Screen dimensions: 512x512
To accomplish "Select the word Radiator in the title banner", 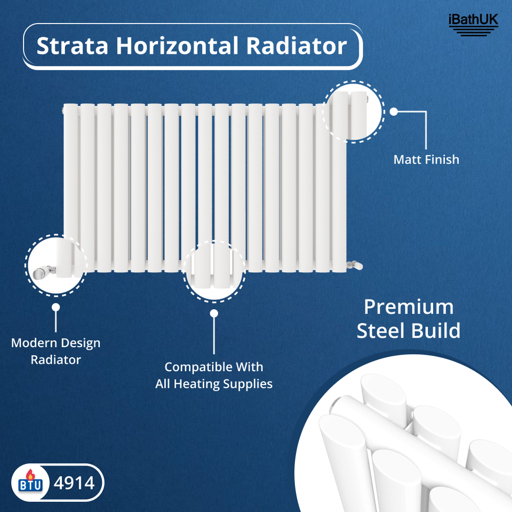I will click(x=297, y=46).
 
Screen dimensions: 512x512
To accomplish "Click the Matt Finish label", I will click(x=426, y=159).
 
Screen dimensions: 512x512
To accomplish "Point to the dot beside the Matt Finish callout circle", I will click(x=394, y=112).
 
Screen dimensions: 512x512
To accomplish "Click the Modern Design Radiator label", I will click(x=55, y=351).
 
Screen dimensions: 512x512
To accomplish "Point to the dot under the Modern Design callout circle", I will click(x=56, y=307).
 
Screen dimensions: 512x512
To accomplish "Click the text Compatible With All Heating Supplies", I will click(x=214, y=375).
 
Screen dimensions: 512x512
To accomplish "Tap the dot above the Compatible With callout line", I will click(x=214, y=314).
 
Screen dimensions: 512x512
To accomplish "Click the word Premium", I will click(x=409, y=307).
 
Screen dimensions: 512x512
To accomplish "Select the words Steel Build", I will click(x=409, y=331).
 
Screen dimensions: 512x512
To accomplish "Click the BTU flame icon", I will click(x=29, y=483).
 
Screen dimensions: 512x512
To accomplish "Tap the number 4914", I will click(x=74, y=483).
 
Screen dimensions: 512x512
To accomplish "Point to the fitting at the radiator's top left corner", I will click(x=63, y=110).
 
